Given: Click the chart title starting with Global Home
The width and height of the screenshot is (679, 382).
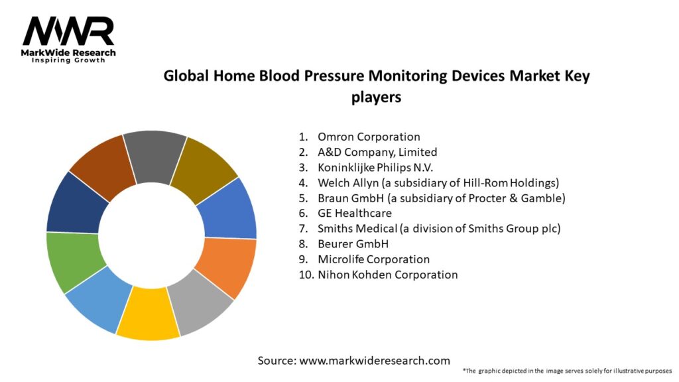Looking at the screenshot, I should coord(377,86).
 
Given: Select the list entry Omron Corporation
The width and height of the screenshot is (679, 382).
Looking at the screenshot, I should coord(369,137).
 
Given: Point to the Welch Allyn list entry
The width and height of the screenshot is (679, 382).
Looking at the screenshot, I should coord(438,182).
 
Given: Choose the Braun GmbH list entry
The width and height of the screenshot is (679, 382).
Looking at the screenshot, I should coord(441,198).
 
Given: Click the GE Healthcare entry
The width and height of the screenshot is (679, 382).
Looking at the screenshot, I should coord(355,213).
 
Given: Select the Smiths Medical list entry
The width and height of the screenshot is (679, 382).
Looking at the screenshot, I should coord(439,228).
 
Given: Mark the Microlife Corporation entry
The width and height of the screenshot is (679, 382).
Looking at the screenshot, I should coord(373,259).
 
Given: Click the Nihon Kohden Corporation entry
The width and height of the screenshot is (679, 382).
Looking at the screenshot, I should coord(387,274).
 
